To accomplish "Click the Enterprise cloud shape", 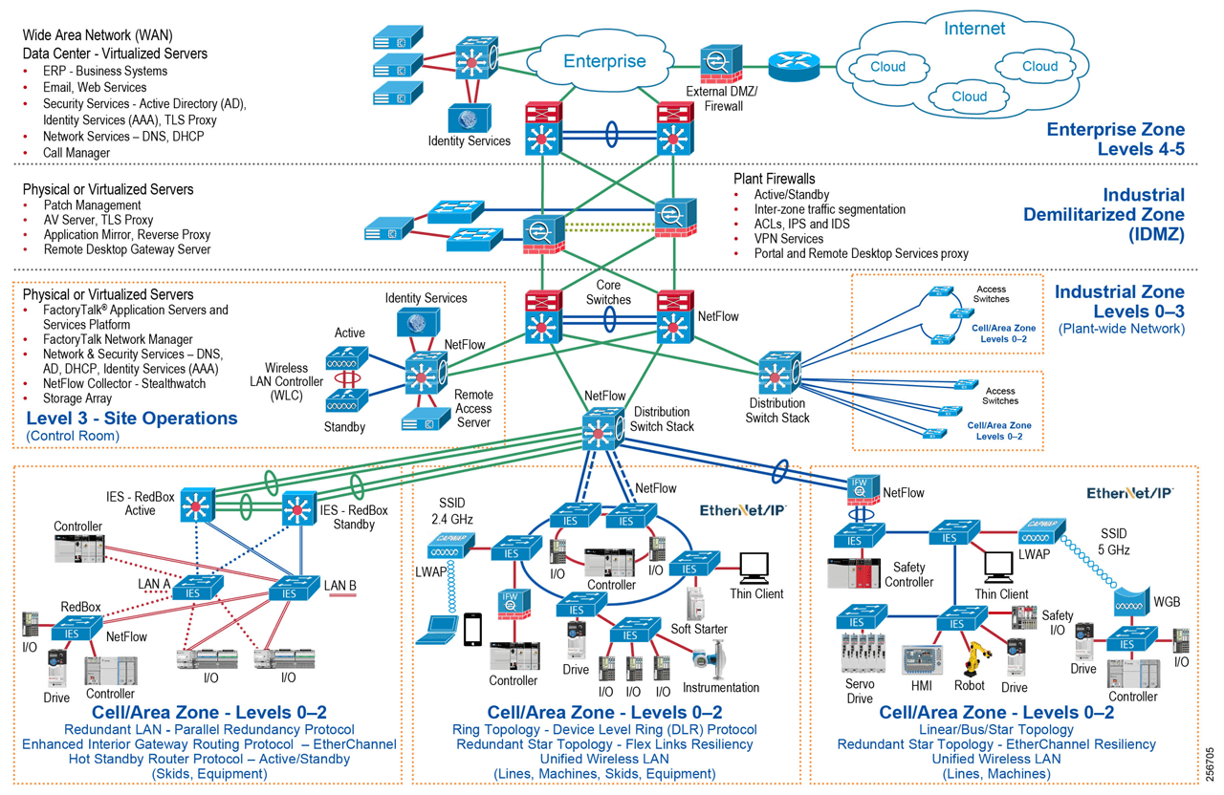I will point(602,61).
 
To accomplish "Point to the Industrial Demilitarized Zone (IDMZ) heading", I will point(1104,214).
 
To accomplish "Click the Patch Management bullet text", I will point(92,204).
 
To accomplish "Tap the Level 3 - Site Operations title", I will point(131,418).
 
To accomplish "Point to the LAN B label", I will point(339,586).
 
